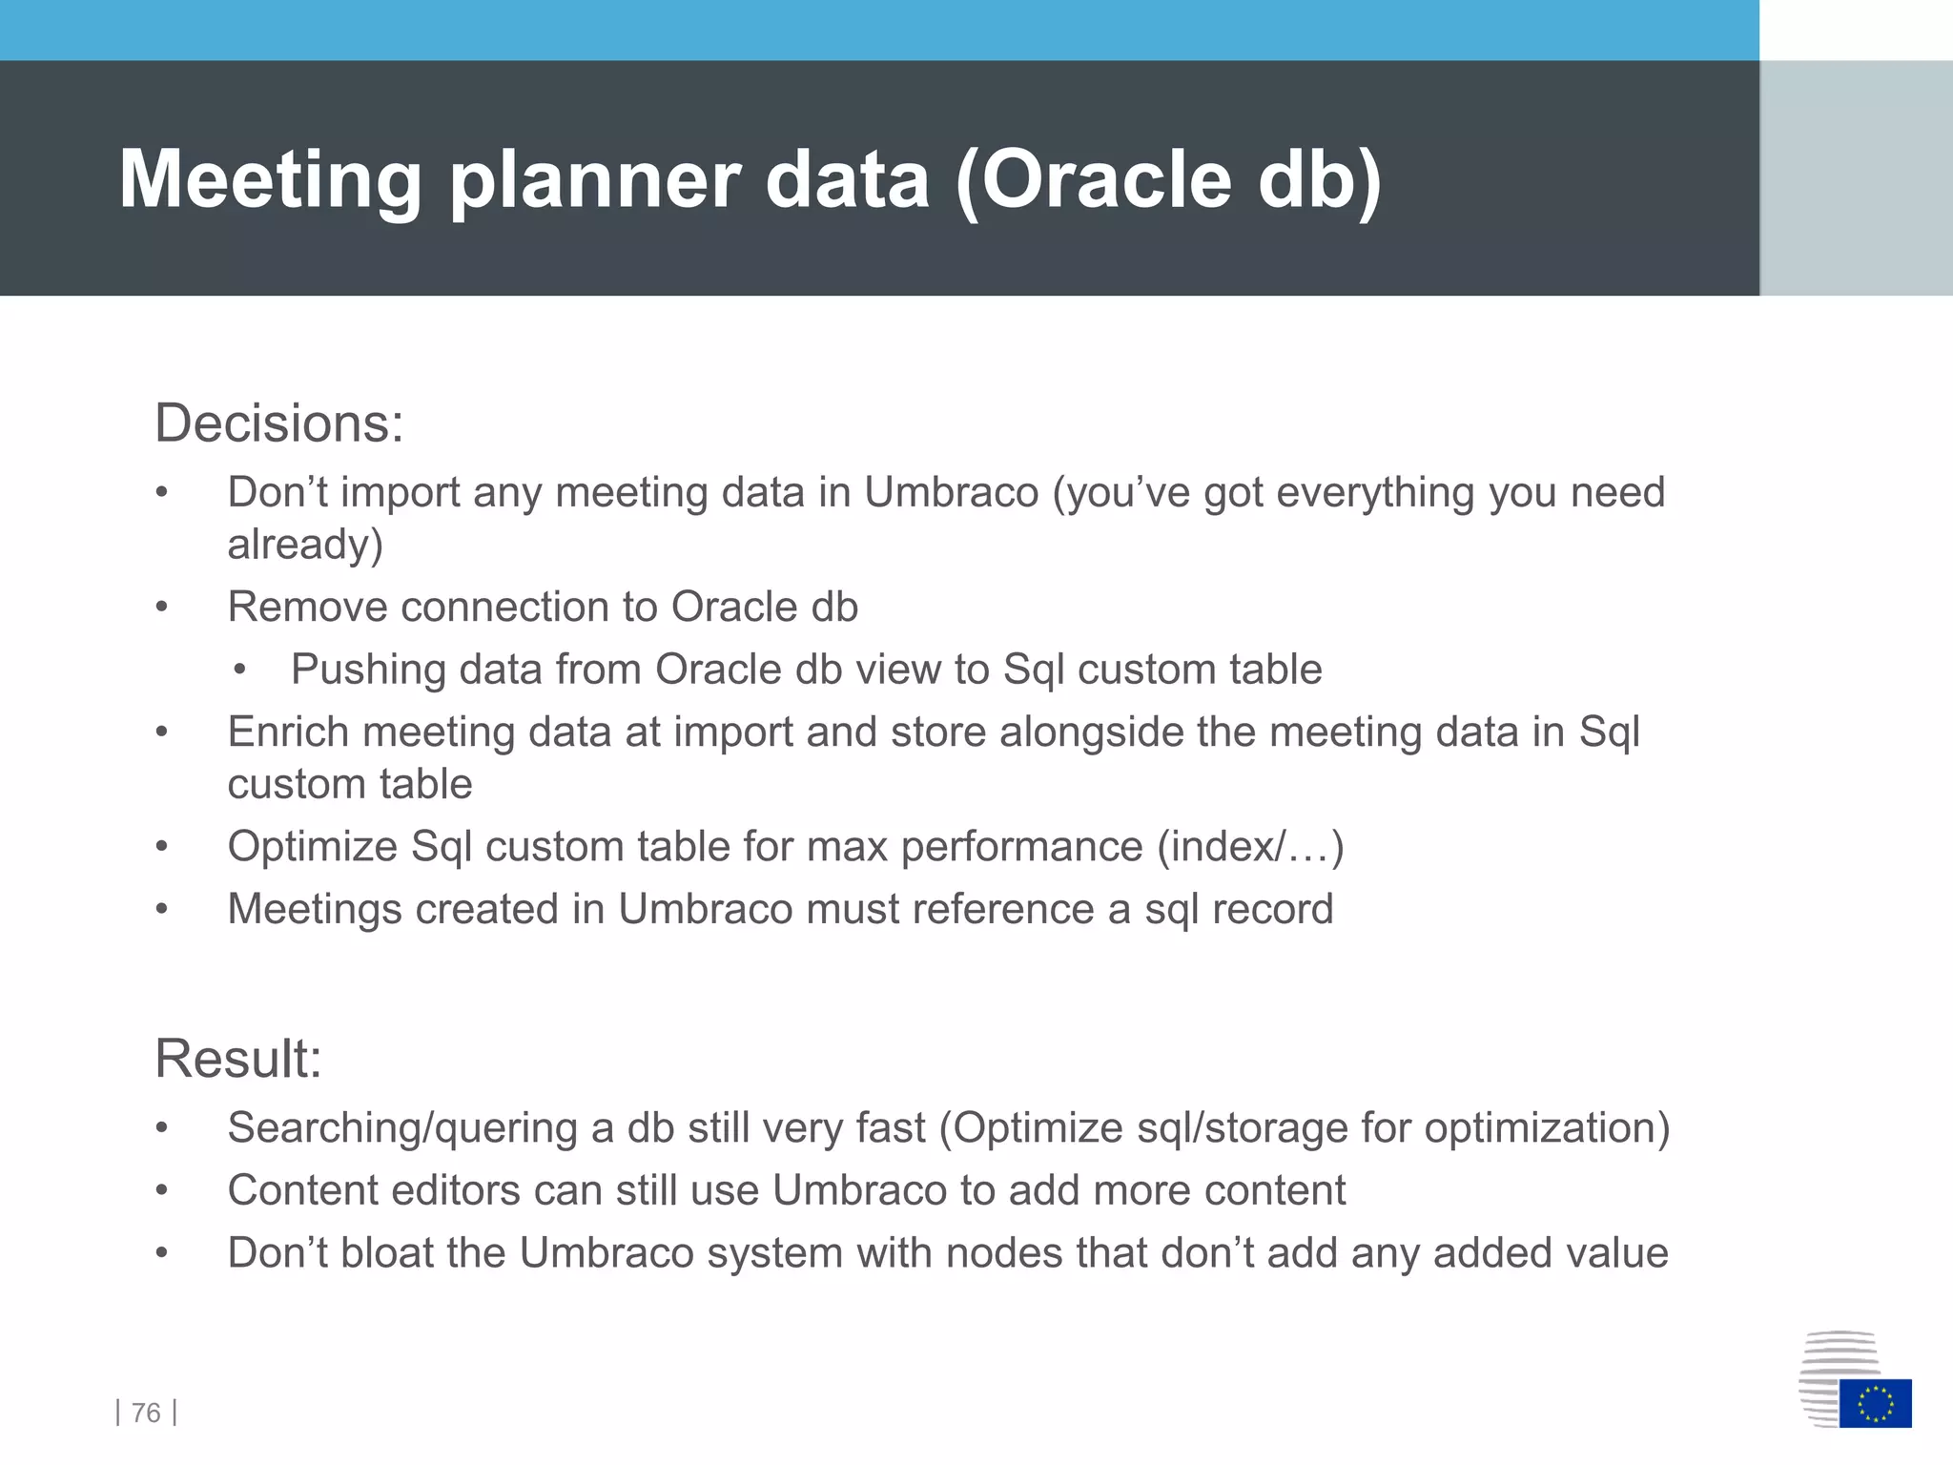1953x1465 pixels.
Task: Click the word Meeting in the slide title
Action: pyautogui.click(x=270, y=180)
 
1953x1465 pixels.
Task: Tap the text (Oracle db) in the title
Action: pyautogui.click(x=1167, y=180)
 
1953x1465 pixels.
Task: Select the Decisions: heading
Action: pyautogui.click(x=278, y=423)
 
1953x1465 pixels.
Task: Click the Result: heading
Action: pyautogui.click(x=238, y=1059)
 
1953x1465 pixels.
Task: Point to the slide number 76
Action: pyautogui.click(x=146, y=1413)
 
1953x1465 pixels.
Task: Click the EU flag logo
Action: pyautogui.click(x=1875, y=1403)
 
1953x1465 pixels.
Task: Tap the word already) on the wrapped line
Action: pyautogui.click(x=305, y=545)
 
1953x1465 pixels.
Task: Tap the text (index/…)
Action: pyautogui.click(x=1250, y=847)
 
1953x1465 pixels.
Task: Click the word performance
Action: pyautogui.click(x=1021, y=847)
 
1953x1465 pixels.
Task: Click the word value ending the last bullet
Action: pyautogui.click(x=1617, y=1253)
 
